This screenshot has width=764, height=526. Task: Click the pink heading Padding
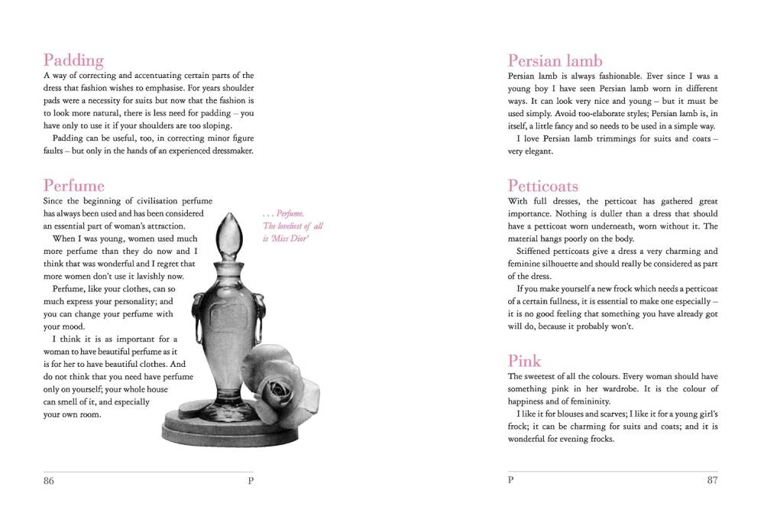click(x=73, y=60)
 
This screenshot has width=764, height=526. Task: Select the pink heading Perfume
click(x=74, y=186)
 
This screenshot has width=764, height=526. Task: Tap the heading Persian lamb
click(x=555, y=61)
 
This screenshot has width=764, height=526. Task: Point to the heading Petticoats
click(x=543, y=186)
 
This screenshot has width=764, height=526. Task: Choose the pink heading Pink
click(x=524, y=361)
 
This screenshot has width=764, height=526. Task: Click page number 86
click(x=49, y=480)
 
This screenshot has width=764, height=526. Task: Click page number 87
click(x=712, y=480)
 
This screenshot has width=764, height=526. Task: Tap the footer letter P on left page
click(x=251, y=480)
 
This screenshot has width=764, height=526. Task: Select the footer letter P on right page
click(x=511, y=480)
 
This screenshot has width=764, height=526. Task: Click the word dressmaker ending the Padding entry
click(x=230, y=151)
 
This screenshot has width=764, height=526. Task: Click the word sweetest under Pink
click(x=542, y=376)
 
